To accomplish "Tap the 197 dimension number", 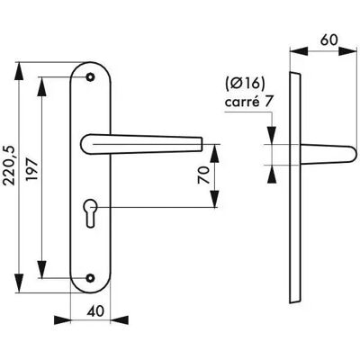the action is pyautogui.click(x=32, y=170).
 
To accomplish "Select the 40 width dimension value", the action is pyautogui.click(x=95, y=310).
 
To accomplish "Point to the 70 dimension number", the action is pyautogui.click(x=203, y=175).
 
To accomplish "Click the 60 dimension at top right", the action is pyautogui.click(x=328, y=40).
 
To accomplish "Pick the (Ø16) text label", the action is pyautogui.click(x=245, y=84).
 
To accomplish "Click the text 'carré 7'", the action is pyautogui.click(x=248, y=102).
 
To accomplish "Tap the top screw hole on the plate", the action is pyautogui.click(x=90, y=77).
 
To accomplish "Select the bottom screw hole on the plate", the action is pyautogui.click(x=90, y=278).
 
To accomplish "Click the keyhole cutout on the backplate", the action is pyautogui.click(x=90, y=212).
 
